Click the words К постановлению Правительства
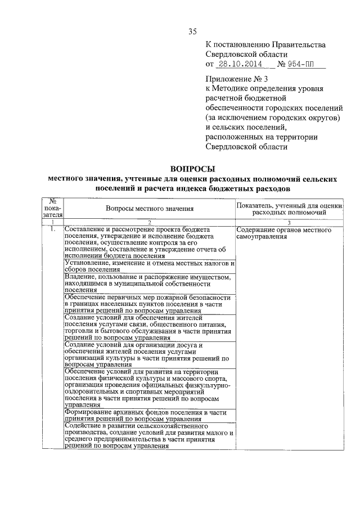(x=265, y=44)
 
